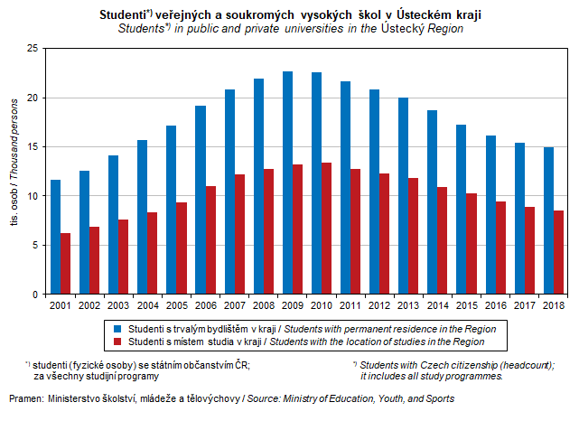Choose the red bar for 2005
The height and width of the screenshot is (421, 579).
click(182, 248)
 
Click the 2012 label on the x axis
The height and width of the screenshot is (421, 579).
click(378, 305)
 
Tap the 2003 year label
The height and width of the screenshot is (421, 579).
click(119, 305)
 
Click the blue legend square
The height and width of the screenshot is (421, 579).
click(118, 327)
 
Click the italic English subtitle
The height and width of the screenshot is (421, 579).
click(290, 29)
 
